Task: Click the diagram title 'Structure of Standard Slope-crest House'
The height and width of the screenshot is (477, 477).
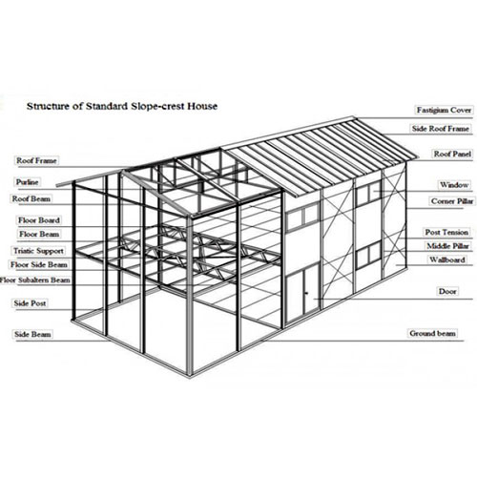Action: coord(122,106)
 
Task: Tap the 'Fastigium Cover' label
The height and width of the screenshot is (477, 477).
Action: coord(444,110)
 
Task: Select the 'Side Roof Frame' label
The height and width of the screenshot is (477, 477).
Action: coord(441,129)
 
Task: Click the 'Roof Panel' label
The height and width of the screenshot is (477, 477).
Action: coord(452,154)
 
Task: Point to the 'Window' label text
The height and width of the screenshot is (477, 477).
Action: coord(454,185)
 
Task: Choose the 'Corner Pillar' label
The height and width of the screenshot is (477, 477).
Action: coord(452,201)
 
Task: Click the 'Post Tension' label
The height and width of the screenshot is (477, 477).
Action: coord(446,232)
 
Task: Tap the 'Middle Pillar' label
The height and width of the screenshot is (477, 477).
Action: coord(447,246)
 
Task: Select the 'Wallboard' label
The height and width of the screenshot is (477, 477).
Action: coord(447,259)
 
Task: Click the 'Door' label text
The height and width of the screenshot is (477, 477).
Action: coord(447,291)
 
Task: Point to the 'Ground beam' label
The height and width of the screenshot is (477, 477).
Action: coord(432,333)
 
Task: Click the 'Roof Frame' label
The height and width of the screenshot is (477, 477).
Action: coord(36,160)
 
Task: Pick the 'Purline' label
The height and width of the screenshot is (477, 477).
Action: coord(28,182)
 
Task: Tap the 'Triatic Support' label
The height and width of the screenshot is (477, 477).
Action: coord(38,251)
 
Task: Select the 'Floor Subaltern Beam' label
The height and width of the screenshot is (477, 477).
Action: coord(35,280)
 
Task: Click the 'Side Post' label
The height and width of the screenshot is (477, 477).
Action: coord(30,303)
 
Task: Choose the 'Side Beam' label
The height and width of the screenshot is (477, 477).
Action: coord(32,334)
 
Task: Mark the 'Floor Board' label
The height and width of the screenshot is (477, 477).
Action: coord(39,220)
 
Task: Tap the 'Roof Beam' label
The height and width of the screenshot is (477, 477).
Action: coord(31,199)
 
